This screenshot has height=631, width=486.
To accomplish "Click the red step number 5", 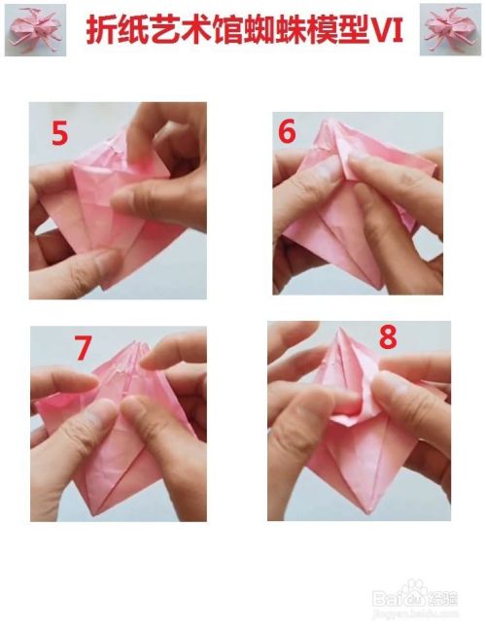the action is tap(59, 133).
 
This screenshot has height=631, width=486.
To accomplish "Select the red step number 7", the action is tap(83, 348).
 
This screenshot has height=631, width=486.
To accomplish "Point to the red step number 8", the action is tap(388, 336).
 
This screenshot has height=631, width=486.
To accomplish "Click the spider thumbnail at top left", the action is tap(35, 30).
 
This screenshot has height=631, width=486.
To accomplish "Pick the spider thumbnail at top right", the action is tap(450, 29).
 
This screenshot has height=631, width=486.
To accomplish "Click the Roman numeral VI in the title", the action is tap(386, 30).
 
